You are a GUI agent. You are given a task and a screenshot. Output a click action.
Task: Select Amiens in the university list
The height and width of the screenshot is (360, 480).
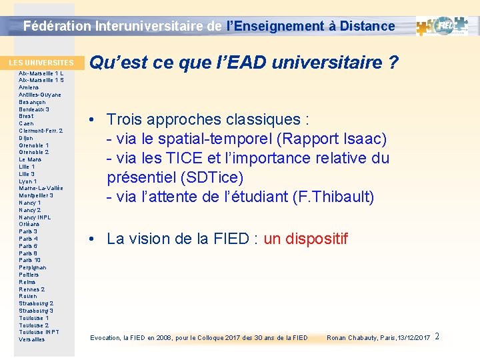29,87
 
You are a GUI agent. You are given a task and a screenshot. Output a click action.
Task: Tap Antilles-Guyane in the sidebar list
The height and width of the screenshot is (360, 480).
40,95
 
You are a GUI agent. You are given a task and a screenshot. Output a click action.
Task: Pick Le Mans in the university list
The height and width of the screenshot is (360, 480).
31,159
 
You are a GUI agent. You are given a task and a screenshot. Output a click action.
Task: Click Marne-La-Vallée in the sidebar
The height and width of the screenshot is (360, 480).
41,188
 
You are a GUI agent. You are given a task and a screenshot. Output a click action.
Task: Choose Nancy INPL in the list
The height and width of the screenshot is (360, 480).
35,217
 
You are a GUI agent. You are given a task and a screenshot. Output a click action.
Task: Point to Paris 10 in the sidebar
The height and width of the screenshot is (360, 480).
30,260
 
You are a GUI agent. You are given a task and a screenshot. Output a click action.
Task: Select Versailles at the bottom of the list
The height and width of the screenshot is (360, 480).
32,339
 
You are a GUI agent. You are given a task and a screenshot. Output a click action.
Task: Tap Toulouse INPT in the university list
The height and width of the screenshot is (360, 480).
39,332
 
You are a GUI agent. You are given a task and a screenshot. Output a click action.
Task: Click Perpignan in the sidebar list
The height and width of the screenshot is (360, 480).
33,267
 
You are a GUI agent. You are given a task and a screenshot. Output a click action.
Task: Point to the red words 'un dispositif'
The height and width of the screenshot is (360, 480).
306,239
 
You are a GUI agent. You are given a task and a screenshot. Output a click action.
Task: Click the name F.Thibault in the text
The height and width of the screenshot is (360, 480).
334,197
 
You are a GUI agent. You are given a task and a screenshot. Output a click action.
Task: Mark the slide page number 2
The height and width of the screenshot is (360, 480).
437,336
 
